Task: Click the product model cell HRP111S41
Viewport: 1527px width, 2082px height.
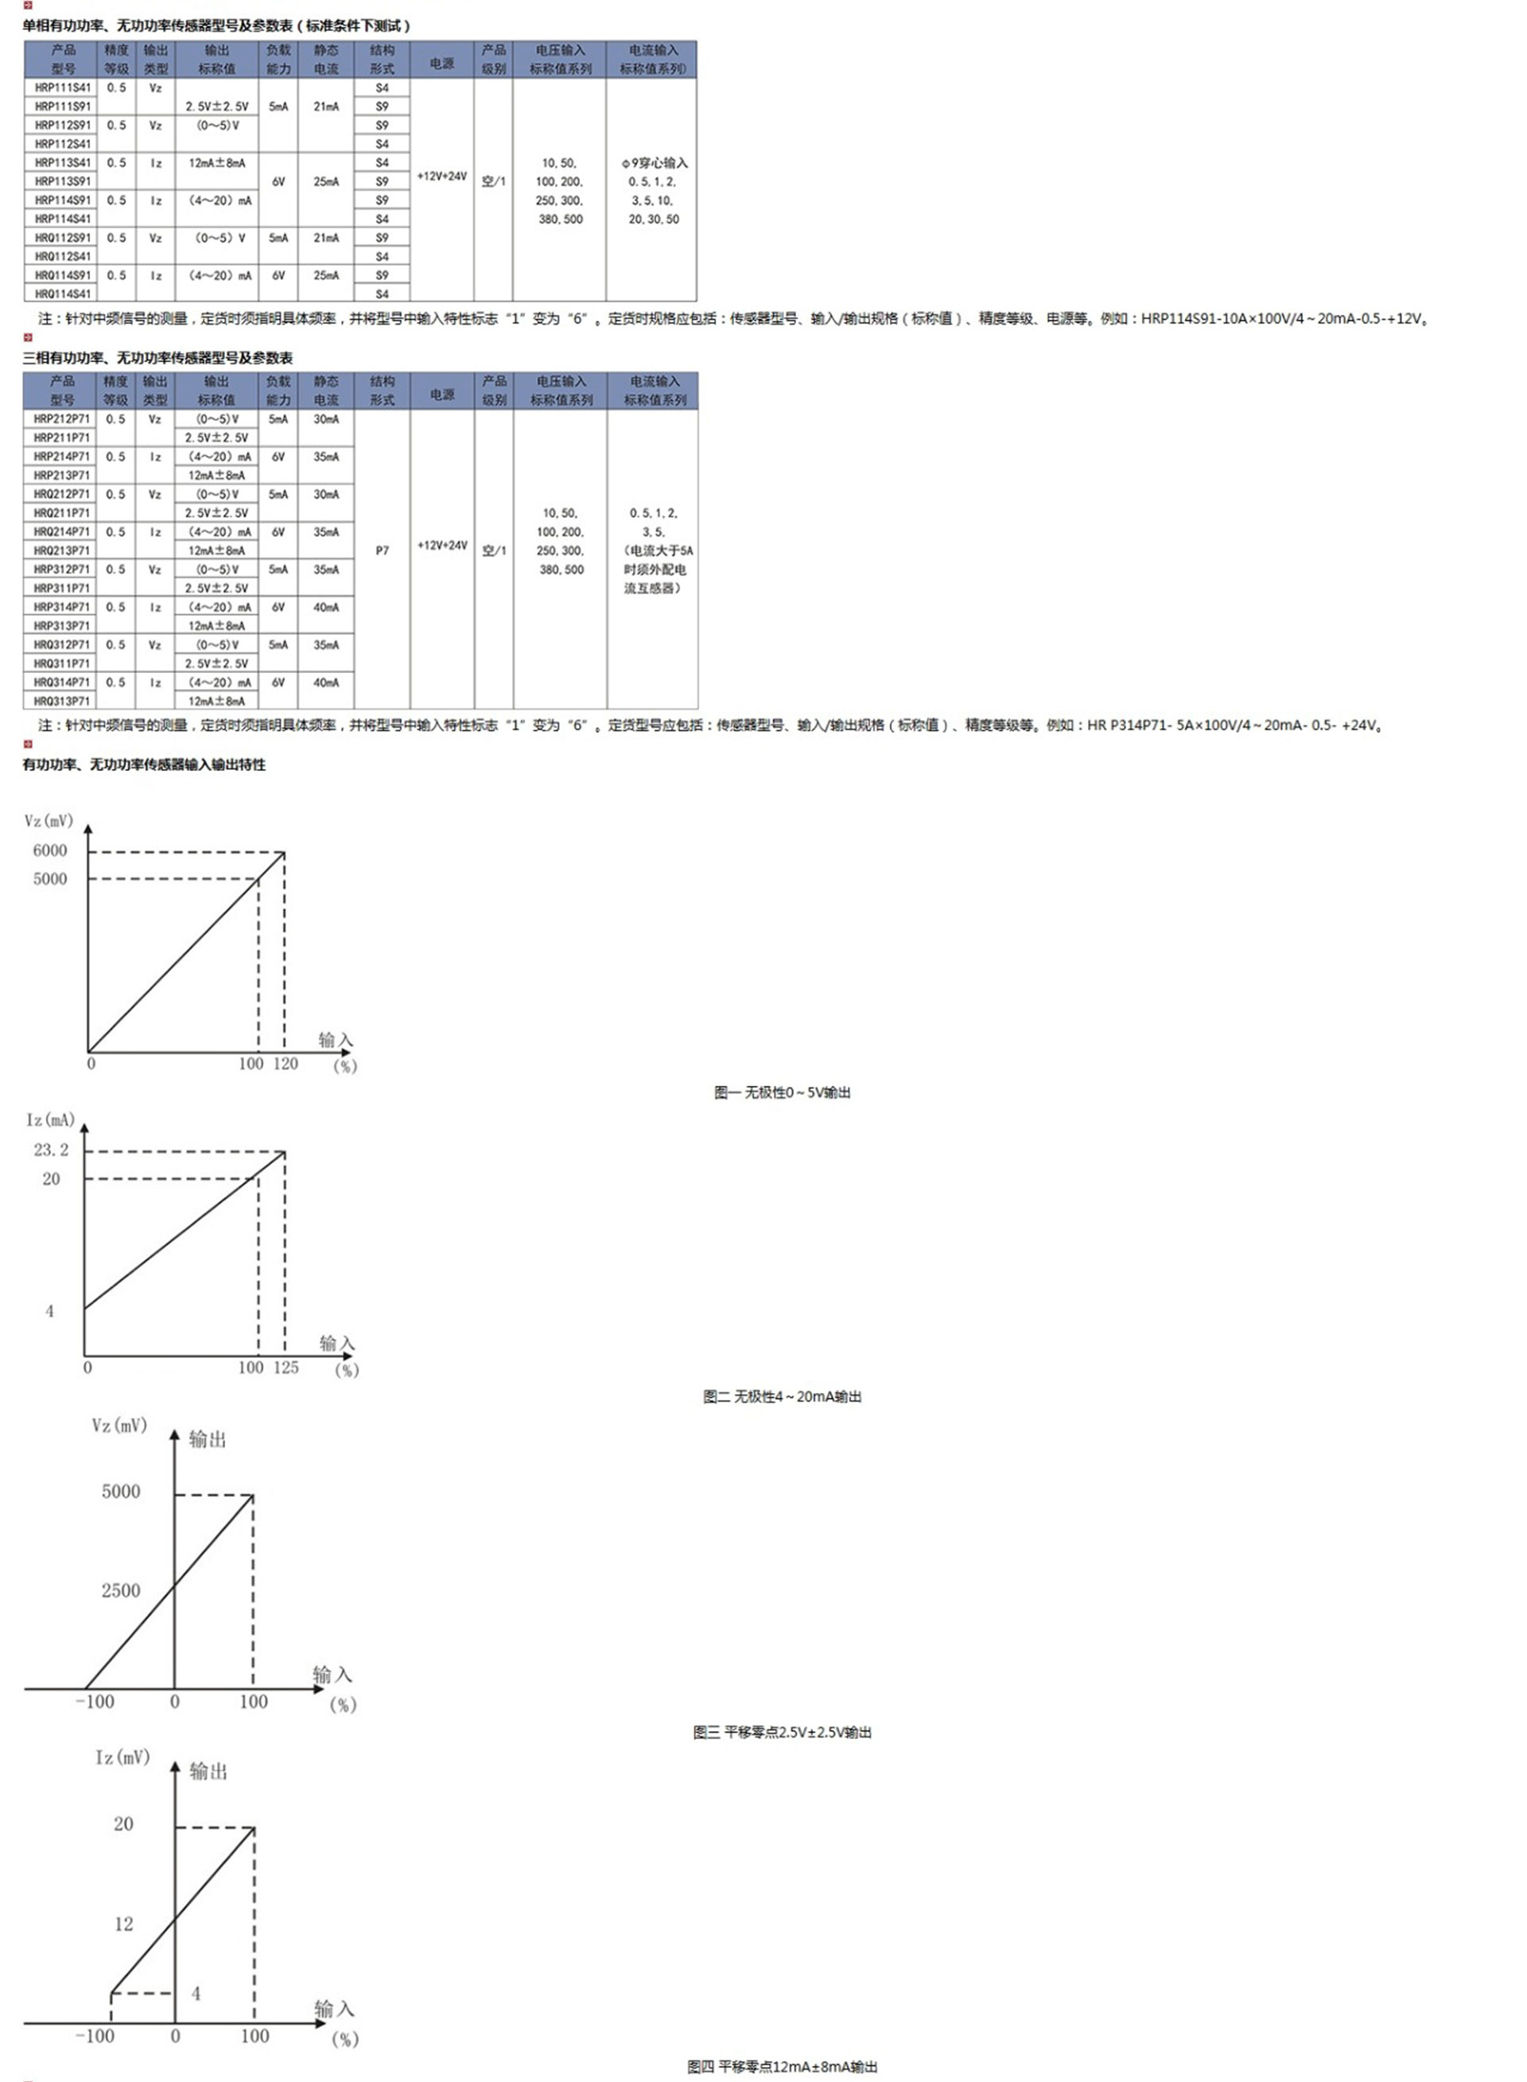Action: tap(63, 88)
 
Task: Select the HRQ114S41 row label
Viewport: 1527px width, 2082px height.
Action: tap(63, 294)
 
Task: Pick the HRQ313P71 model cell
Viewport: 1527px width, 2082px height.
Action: tap(62, 702)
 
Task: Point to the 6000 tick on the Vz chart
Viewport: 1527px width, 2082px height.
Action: tap(50, 850)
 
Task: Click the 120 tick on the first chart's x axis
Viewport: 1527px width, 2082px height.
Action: tap(285, 1064)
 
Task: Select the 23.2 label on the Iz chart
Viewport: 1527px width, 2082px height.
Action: tap(51, 1150)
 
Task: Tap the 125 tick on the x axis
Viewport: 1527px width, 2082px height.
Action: tap(286, 1368)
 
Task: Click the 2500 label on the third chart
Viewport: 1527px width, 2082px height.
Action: tap(121, 1591)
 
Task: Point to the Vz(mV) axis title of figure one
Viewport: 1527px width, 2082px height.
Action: tap(48, 821)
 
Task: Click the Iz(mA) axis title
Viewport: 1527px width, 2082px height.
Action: tap(50, 1120)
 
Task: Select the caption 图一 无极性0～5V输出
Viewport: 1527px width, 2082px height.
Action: tap(782, 1093)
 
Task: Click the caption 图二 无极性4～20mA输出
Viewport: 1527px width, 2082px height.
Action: tap(782, 1396)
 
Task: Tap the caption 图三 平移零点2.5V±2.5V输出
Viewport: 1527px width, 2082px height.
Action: tap(782, 1732)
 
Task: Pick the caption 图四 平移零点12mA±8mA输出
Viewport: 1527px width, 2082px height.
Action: tap(782, 2066)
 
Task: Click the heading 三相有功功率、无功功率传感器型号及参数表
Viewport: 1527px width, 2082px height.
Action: tap(158, 358)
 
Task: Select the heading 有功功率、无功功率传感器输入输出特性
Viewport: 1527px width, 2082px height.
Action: tap(144, 765)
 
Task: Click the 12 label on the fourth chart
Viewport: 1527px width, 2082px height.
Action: tap(124, 1924)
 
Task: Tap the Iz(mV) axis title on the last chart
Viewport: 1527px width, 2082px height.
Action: tap(122, 1757)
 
